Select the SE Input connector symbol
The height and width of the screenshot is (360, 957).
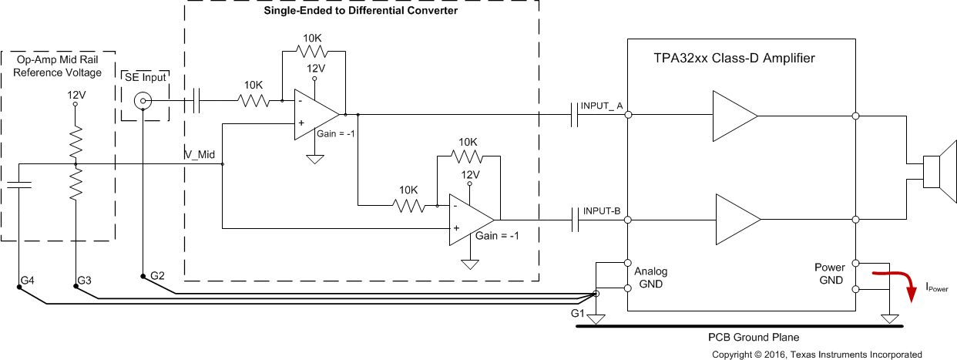(142, 100)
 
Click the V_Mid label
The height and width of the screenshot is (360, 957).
(200, 155)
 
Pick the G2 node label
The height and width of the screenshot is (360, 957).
(157, 275)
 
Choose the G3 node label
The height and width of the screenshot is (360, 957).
(86, 281)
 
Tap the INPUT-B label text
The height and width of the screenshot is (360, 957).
(602, 210)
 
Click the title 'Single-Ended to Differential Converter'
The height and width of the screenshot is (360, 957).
(361, 12)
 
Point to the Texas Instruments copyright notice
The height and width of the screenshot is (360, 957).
(816, 355)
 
